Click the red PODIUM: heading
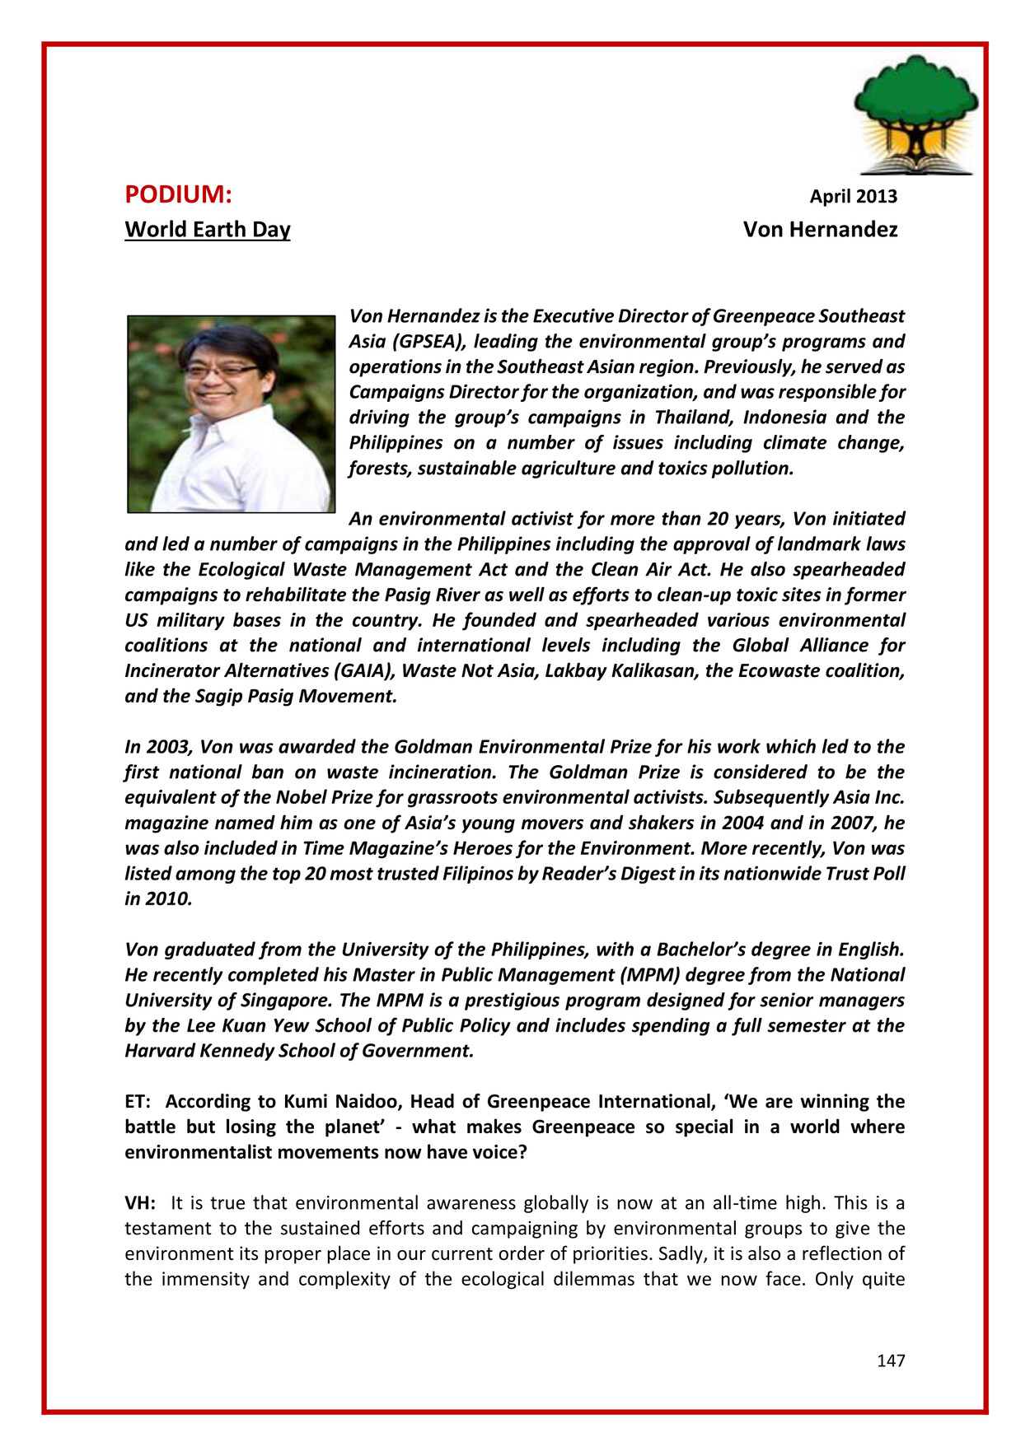[x=178, y=195]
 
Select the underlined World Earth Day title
[x=208, y=229]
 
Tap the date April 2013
[x=853, y=196]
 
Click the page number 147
[x=891, y=1360]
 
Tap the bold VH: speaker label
[x=140, y=1203]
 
